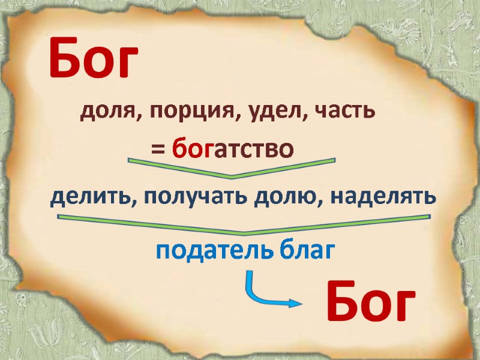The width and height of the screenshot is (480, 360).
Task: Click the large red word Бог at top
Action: pos(94,58)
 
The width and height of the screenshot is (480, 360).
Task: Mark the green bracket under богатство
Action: pos(232,169)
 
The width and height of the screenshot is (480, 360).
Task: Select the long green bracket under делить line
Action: pos(243,225)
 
